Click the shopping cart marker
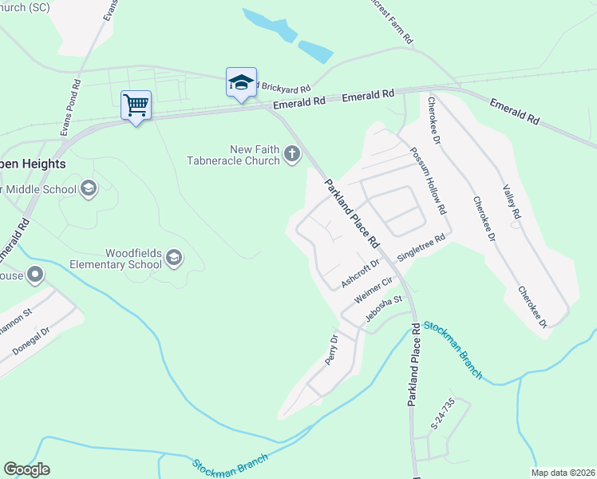(x=136, y=105)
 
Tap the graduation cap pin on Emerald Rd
(x=241, y=82)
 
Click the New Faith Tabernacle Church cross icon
(x=292, y=154)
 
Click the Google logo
(x=26, y=469)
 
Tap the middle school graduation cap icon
(x=89, y=188)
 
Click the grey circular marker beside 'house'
(x=34, y=275)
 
